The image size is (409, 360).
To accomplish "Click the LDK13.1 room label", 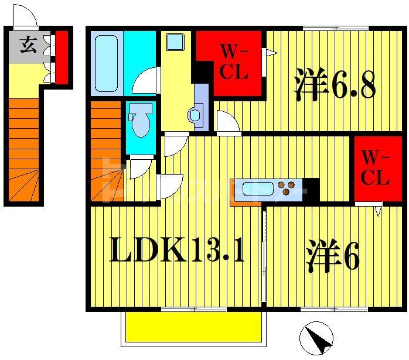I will click(x=176, y=252).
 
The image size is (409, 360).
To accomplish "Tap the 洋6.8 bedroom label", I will click(x=335, y=84).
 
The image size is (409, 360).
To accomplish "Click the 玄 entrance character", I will click(x=28, y=45).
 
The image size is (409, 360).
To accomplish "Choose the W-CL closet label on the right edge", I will click(x=374, y=167).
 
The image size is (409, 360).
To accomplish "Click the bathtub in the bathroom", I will click(x=106, y=63).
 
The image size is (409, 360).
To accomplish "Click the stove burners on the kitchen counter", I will click(x=287, y=188).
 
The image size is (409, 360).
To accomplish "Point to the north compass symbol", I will click(x=316, y=338).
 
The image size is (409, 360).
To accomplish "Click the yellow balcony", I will click(x=193, y=327).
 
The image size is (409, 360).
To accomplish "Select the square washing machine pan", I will click(x=175, y=42).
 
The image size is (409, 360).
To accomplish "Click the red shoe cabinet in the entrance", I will click(x=62, y=57).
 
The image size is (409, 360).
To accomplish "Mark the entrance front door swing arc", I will click(x=25, y=16).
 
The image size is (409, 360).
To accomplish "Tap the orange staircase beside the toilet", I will click(x=106, y=152).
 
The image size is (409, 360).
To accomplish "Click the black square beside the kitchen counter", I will click(x=311, y=188).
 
